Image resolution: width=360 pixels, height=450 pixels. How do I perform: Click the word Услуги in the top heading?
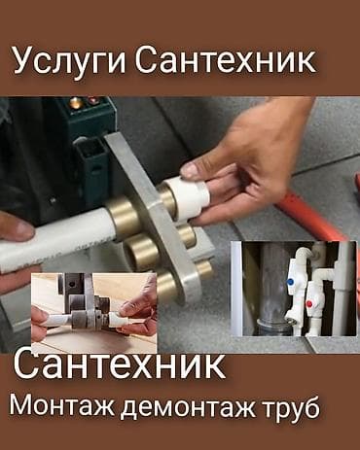tap(69, 61)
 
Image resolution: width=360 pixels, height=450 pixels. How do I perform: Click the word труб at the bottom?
tap(288, 407)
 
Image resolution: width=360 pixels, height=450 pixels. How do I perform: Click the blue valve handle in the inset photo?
tap(291, 281)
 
